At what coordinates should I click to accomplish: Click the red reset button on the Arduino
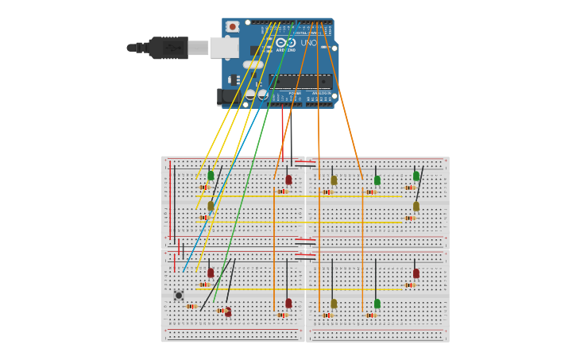[232, 26]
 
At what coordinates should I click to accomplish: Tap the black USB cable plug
[168, 48]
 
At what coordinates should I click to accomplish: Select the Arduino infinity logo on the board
[286, 42]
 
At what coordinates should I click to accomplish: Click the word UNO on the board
[308, 43]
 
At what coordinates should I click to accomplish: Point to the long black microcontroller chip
[300, 81]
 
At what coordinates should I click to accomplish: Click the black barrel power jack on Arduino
[226, 97]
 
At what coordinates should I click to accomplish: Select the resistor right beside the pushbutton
[191, 306]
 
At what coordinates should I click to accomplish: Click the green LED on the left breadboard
[211, 176]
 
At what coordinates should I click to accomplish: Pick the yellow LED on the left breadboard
[211, 206]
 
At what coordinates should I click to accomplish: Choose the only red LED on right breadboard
[416, 273]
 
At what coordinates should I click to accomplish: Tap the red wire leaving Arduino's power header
[282, 131]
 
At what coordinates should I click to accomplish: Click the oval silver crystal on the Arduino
[253, 64]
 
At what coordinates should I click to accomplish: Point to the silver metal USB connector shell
[198, 48]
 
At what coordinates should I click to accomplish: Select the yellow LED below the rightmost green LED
[416, 206]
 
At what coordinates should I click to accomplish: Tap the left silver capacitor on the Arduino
[250, 95]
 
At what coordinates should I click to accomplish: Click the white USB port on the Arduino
[223, 48]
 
